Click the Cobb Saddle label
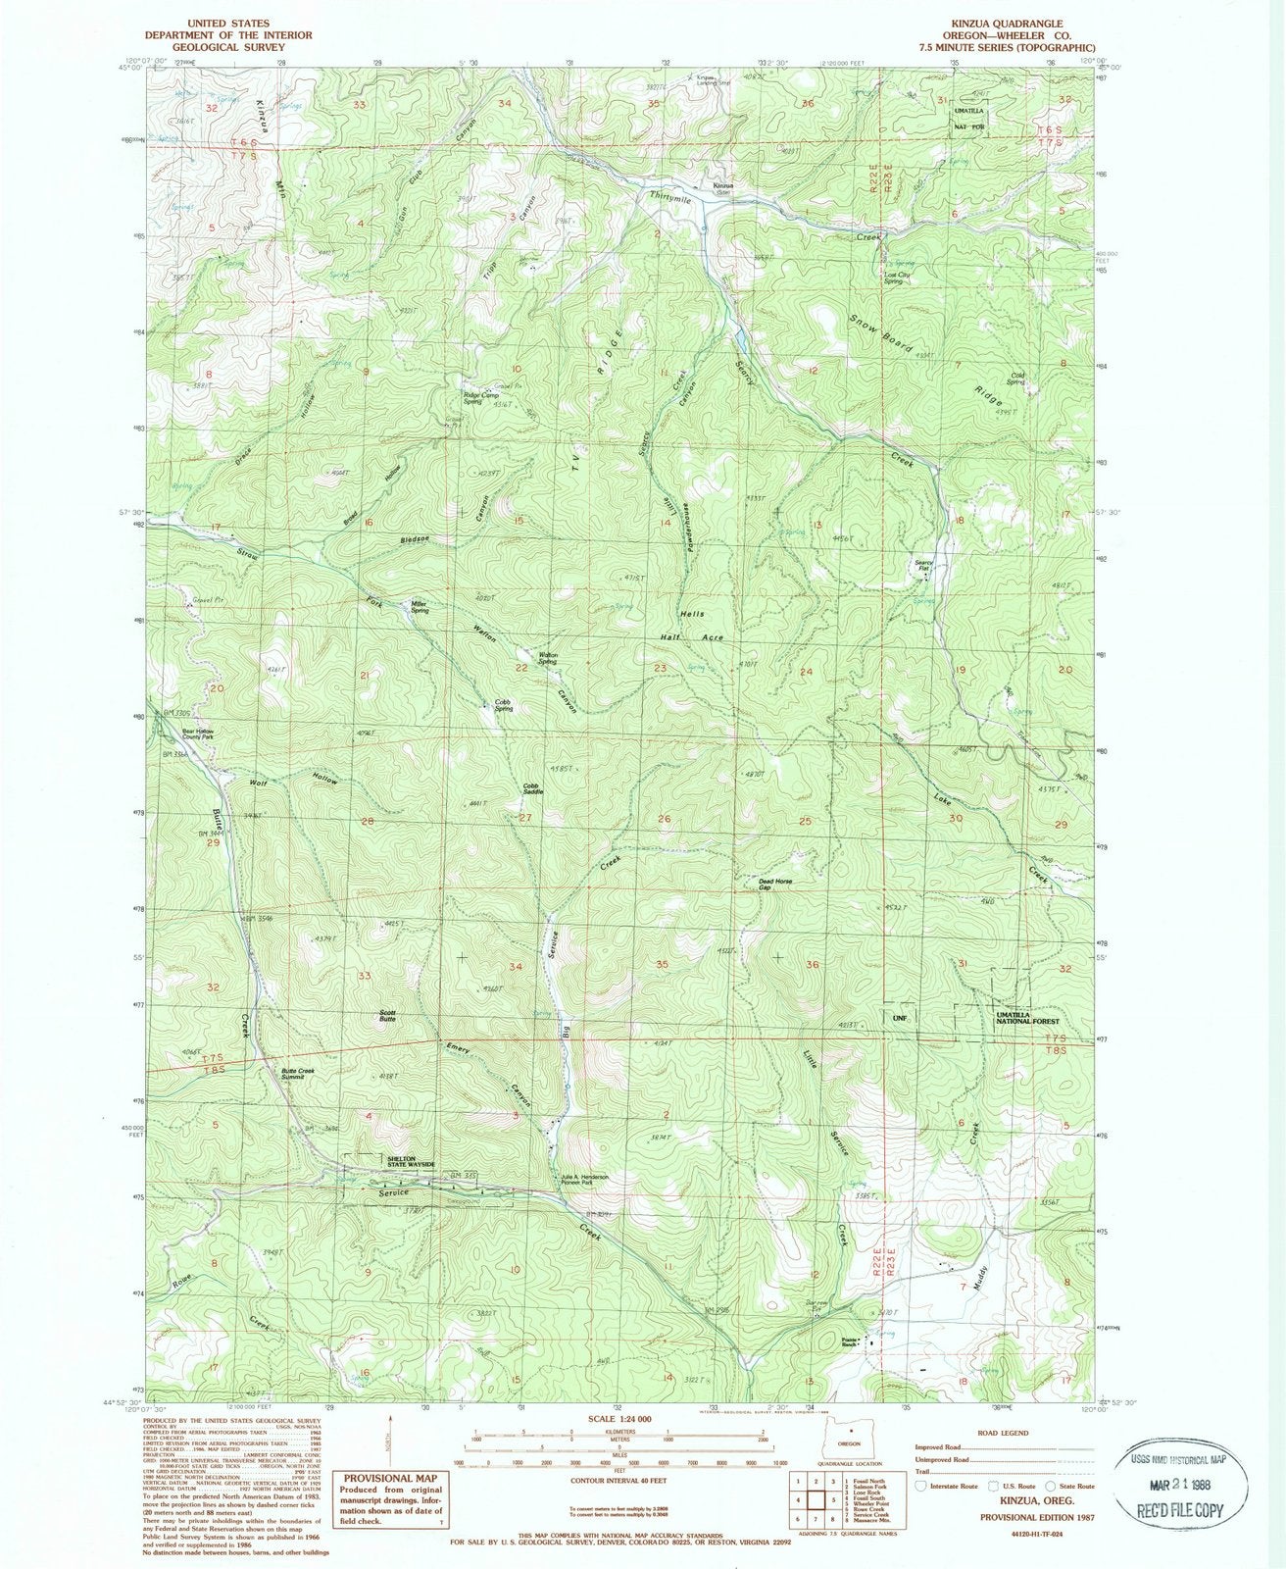tap(532, 788)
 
